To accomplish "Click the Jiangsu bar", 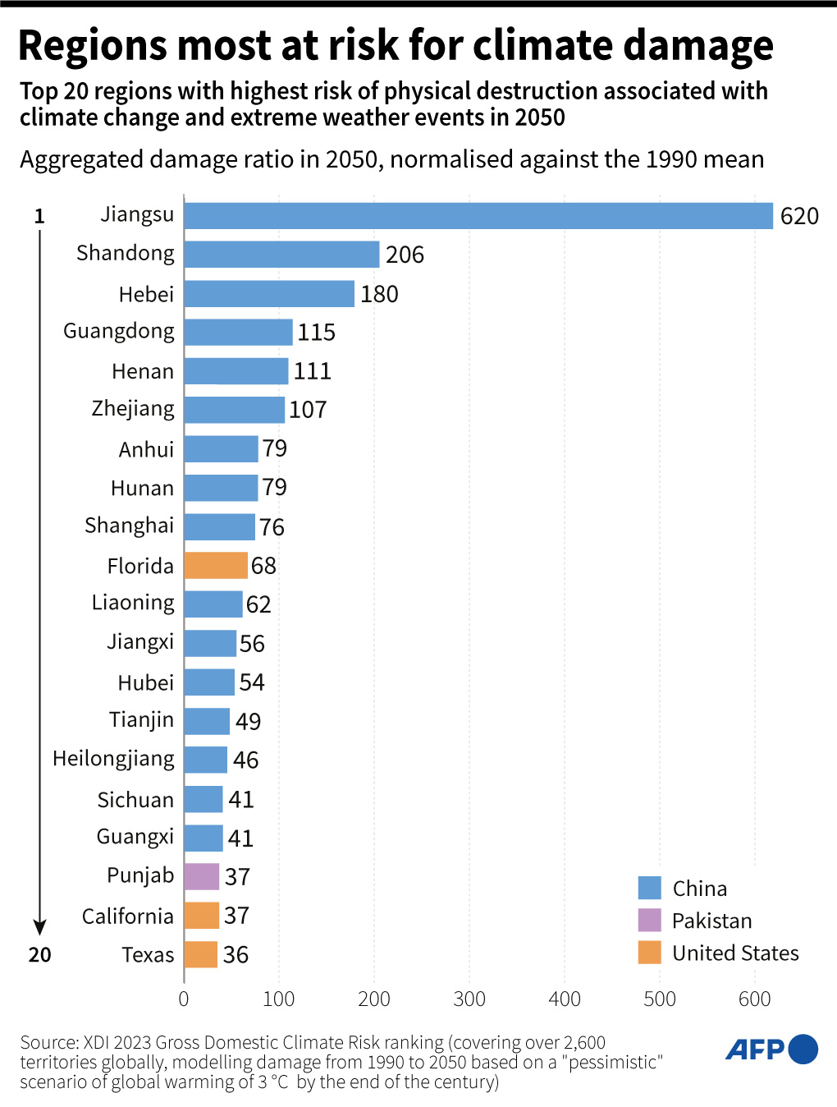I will [x=478, y=216].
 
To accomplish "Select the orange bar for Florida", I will [x=216, y=565].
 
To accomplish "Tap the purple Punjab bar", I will [x=202, y=876].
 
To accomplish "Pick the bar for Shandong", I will [x=281, y=255].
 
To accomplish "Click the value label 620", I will [x=799, y=216].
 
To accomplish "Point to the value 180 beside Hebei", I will [x=379, y=294].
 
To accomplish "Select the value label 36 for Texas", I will [x=236, y=954].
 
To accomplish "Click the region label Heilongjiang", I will [x=113, y=759].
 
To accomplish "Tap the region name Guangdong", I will [x=119, y=332].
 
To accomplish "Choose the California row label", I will [x=128, y=916].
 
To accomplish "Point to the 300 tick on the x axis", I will [x=469, y=999].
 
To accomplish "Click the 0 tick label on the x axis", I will [x=184, y=999].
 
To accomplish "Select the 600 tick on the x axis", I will [x=754, y=999].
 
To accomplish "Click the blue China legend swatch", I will [x=649, y=888].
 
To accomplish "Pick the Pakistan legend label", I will [x=711, y=921].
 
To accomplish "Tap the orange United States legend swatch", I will [x=649, y=953].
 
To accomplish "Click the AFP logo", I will [x=771, y=1050].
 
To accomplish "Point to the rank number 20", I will [x=39, y=954].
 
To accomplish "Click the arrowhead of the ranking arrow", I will [x=39, y=928].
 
